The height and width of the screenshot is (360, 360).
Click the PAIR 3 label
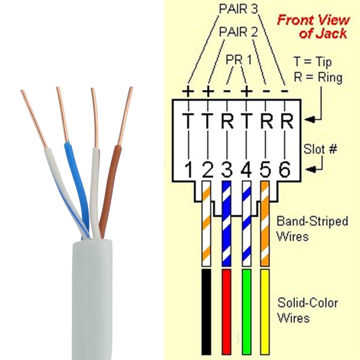[x=238, y=9]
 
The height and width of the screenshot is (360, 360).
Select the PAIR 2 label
[x=238, y=31]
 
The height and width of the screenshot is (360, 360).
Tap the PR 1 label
[x=239, y=60]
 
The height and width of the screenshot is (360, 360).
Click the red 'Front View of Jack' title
[x=313, y=27]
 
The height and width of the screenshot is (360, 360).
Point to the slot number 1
[x=189, y=170]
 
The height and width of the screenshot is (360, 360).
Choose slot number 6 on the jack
[x=285, y=170]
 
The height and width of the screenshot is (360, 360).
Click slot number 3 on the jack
[x=227, y=170]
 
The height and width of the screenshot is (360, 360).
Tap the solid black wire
[x=206, y=312]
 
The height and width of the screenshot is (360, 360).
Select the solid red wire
[x=226, y=312]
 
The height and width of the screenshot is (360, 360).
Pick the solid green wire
[x=247, y=312]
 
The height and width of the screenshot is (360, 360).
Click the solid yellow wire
[x=265, y=312]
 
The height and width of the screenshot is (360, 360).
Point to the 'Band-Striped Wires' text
[x=312, y=229]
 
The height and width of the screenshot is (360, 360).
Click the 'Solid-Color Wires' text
[x=308, y=310]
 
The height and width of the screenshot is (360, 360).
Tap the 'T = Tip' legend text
[x=313, y=62]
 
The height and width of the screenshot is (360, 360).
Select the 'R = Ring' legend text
[x=318, y=77]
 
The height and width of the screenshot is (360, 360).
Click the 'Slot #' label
[x=320, y=149]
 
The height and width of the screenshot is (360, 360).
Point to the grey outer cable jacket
[x=92, y=298]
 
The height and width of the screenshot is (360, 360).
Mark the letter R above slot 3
[x=227, y=121]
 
